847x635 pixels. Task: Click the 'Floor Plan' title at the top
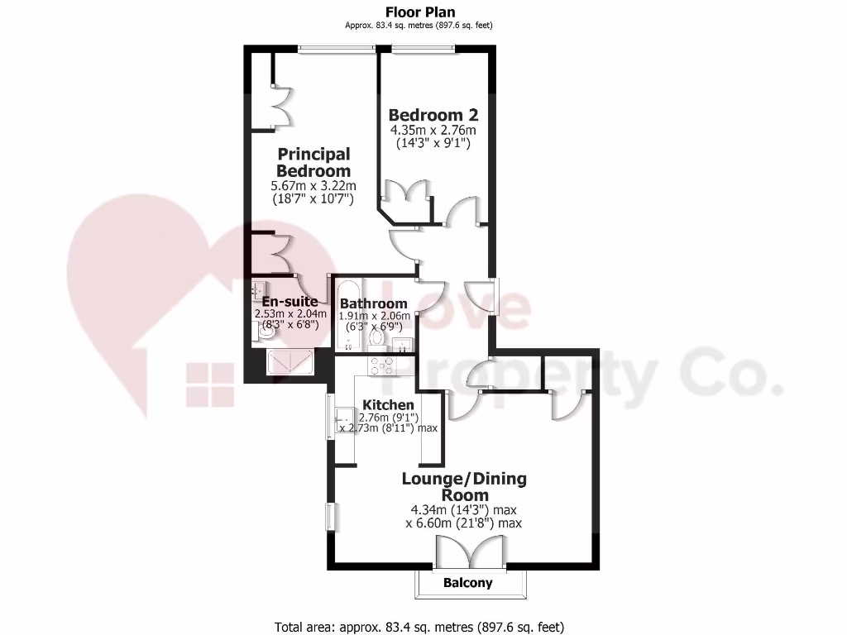(420, 12)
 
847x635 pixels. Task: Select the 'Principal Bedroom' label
(313, 162)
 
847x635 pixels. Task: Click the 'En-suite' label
(285, 301)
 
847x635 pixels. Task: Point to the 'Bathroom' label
(374, 303)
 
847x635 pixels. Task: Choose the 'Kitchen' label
(388, 404)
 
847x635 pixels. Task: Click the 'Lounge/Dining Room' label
(464, 486)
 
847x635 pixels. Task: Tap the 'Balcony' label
(467, 583)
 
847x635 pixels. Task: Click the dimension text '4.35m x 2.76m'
(433, 130)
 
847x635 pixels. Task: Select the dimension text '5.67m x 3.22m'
(313, 185)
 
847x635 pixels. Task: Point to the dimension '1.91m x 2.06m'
(375, 315)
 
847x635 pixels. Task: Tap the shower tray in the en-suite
(290, 363)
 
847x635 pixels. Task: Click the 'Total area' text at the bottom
(419, 626)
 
